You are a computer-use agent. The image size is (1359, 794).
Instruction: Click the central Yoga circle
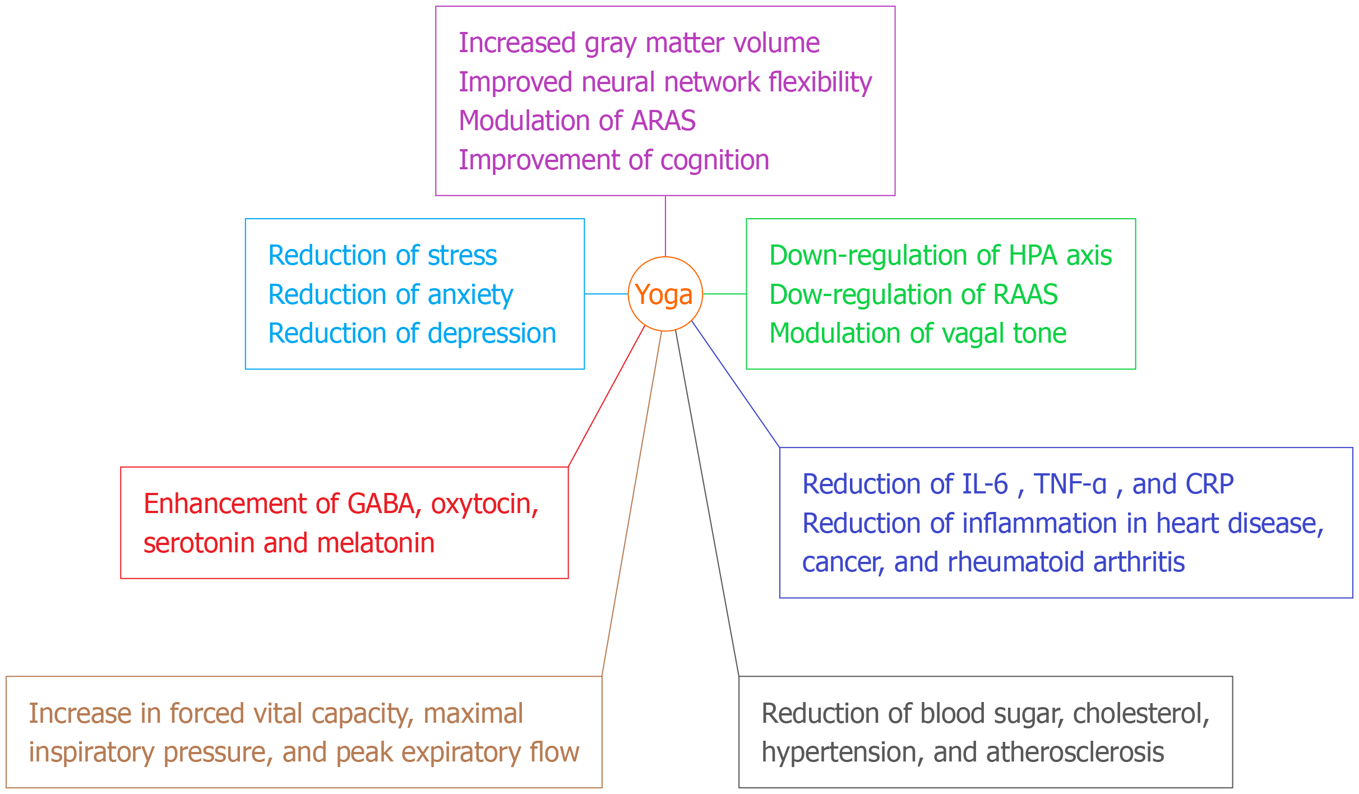pyautogui.click(x=665, y=294)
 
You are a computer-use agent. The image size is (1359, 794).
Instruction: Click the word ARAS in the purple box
pyautogui.click(x=663, y=121)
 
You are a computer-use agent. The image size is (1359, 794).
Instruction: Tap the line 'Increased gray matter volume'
pyautogui.click(x=639, y=43)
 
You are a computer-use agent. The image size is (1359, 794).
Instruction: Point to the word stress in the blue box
pyautogui.click(x=462, y=256)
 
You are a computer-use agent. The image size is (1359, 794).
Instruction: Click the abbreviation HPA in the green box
pyautogui.click(x=1034, y=256)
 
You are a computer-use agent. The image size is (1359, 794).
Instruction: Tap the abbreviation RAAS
pyautogui.click(x=1025, y=295)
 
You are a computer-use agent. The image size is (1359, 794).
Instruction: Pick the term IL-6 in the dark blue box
pyautogui.click(x=984, y=484)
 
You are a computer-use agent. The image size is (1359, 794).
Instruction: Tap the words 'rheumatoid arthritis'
pyautogui.click(x=1065, y=562)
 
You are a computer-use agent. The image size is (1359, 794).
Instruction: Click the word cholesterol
pyautogui.click(x=1140, y=714)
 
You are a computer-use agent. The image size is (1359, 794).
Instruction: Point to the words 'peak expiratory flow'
pyautogui.click(x=457, y=753)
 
